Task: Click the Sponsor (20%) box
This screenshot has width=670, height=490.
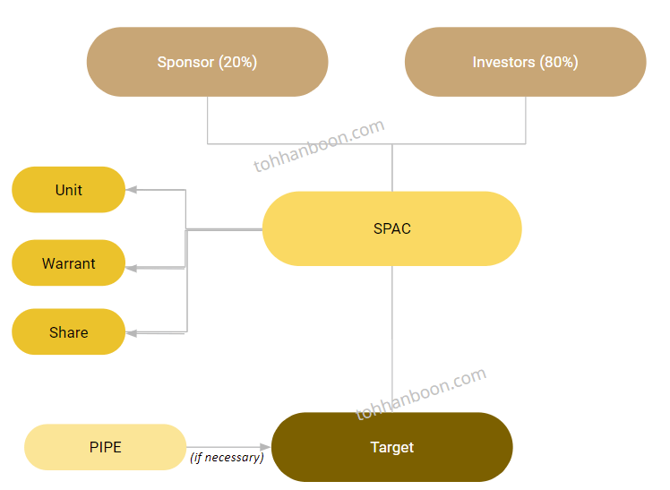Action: click(207, 62)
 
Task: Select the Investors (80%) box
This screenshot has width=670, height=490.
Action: click(525, 62)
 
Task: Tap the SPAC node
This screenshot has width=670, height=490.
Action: click(391, 228)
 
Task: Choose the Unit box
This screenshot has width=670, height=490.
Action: click(68, 190)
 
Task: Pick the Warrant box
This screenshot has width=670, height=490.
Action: click(68, 263)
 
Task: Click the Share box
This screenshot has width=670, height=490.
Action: click(68, 332)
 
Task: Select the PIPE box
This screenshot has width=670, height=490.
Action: click(105, 447)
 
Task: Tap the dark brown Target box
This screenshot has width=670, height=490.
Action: click(391, 447)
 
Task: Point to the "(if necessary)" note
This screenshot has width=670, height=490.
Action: click(227, 458)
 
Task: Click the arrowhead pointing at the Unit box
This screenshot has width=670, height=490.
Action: click(131, 190)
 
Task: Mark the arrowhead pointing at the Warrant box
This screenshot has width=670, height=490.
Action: click(131, 267)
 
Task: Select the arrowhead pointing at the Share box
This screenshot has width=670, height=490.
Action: click(131, 333)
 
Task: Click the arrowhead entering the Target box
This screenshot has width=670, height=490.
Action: click(265, 447)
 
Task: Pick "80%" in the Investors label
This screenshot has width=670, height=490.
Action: click(559, 63)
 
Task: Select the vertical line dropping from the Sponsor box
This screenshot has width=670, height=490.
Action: click(208, 120)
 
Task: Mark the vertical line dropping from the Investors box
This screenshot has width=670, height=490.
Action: click(526, 120)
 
